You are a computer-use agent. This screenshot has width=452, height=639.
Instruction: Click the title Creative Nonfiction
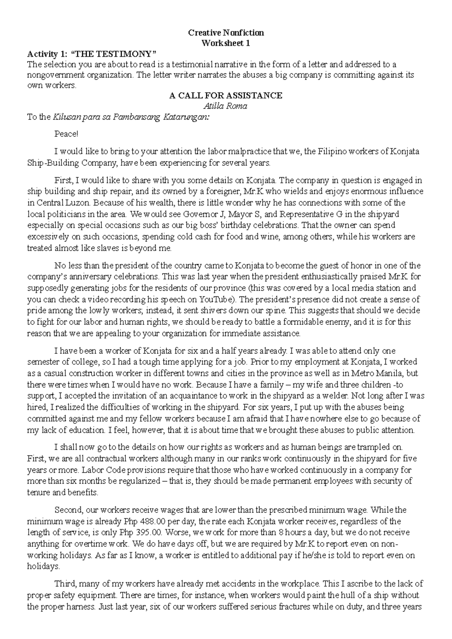(x=226, y=33)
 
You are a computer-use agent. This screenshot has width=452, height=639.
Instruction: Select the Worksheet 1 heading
(x=226, y=43)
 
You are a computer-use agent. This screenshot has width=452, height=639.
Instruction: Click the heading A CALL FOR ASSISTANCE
(x=226, y=96)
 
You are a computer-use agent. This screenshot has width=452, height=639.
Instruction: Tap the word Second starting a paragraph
(x=69, y=511)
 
